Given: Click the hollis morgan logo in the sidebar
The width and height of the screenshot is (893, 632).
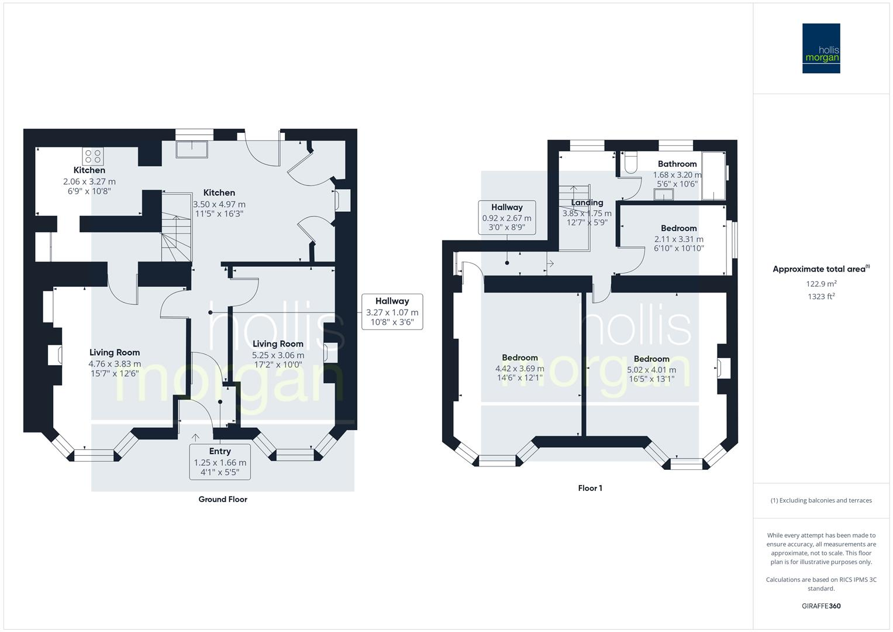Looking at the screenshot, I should pyautogui.click(x=820, y=48).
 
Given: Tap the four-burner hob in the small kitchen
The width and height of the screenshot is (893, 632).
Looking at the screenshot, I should pyautogui.click(x=93, y=156).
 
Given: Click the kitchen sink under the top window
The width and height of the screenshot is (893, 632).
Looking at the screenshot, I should pyautogui.click(x=192, y=149).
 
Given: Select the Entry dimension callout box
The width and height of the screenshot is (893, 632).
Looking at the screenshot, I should pyautogui.click(x=220, y=462).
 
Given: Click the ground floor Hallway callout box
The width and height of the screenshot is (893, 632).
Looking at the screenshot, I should pyautogui.click(x=392, y=312).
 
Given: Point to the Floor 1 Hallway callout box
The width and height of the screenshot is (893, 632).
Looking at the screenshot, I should pyautogui.click(x=506, y=217).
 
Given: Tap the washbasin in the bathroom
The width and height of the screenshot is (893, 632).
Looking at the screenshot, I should pyautogui.click(x=663, y=194).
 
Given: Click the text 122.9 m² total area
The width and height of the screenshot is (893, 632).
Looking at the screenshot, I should pyautogui.click(x=821, y=284).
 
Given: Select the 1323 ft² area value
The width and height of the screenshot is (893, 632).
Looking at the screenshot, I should pyautogui.click(x=821, y=297).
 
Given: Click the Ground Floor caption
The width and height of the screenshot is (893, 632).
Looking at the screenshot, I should pyautogui.click(x=223, y=499).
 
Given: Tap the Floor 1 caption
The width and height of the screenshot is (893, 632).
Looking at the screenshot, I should pyautogui.click(x=590, y=488).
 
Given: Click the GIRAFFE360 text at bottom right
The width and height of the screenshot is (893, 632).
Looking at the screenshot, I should pyautogui.click(x=820, y=606).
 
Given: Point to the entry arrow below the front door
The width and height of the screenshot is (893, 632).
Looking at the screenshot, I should pyautogui.click(x=195, y=437).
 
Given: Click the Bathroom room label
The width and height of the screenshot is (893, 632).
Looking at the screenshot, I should pyautogui.click(x=677, y=164).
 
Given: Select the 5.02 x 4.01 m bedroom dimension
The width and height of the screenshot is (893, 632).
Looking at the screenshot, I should pyautogui.click(x=651, y=370).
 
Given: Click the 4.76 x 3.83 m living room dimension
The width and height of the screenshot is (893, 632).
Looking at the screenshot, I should pyautogui.click(x=115, y=363).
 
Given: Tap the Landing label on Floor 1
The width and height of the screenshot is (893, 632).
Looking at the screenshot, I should pyautogui.click(x=587, y=202).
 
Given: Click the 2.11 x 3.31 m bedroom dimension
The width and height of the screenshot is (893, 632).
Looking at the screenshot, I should pyautogui.click(x=678, y=239).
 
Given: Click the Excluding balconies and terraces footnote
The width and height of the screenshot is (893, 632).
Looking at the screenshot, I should pyautogui.click(x=821, y=500).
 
